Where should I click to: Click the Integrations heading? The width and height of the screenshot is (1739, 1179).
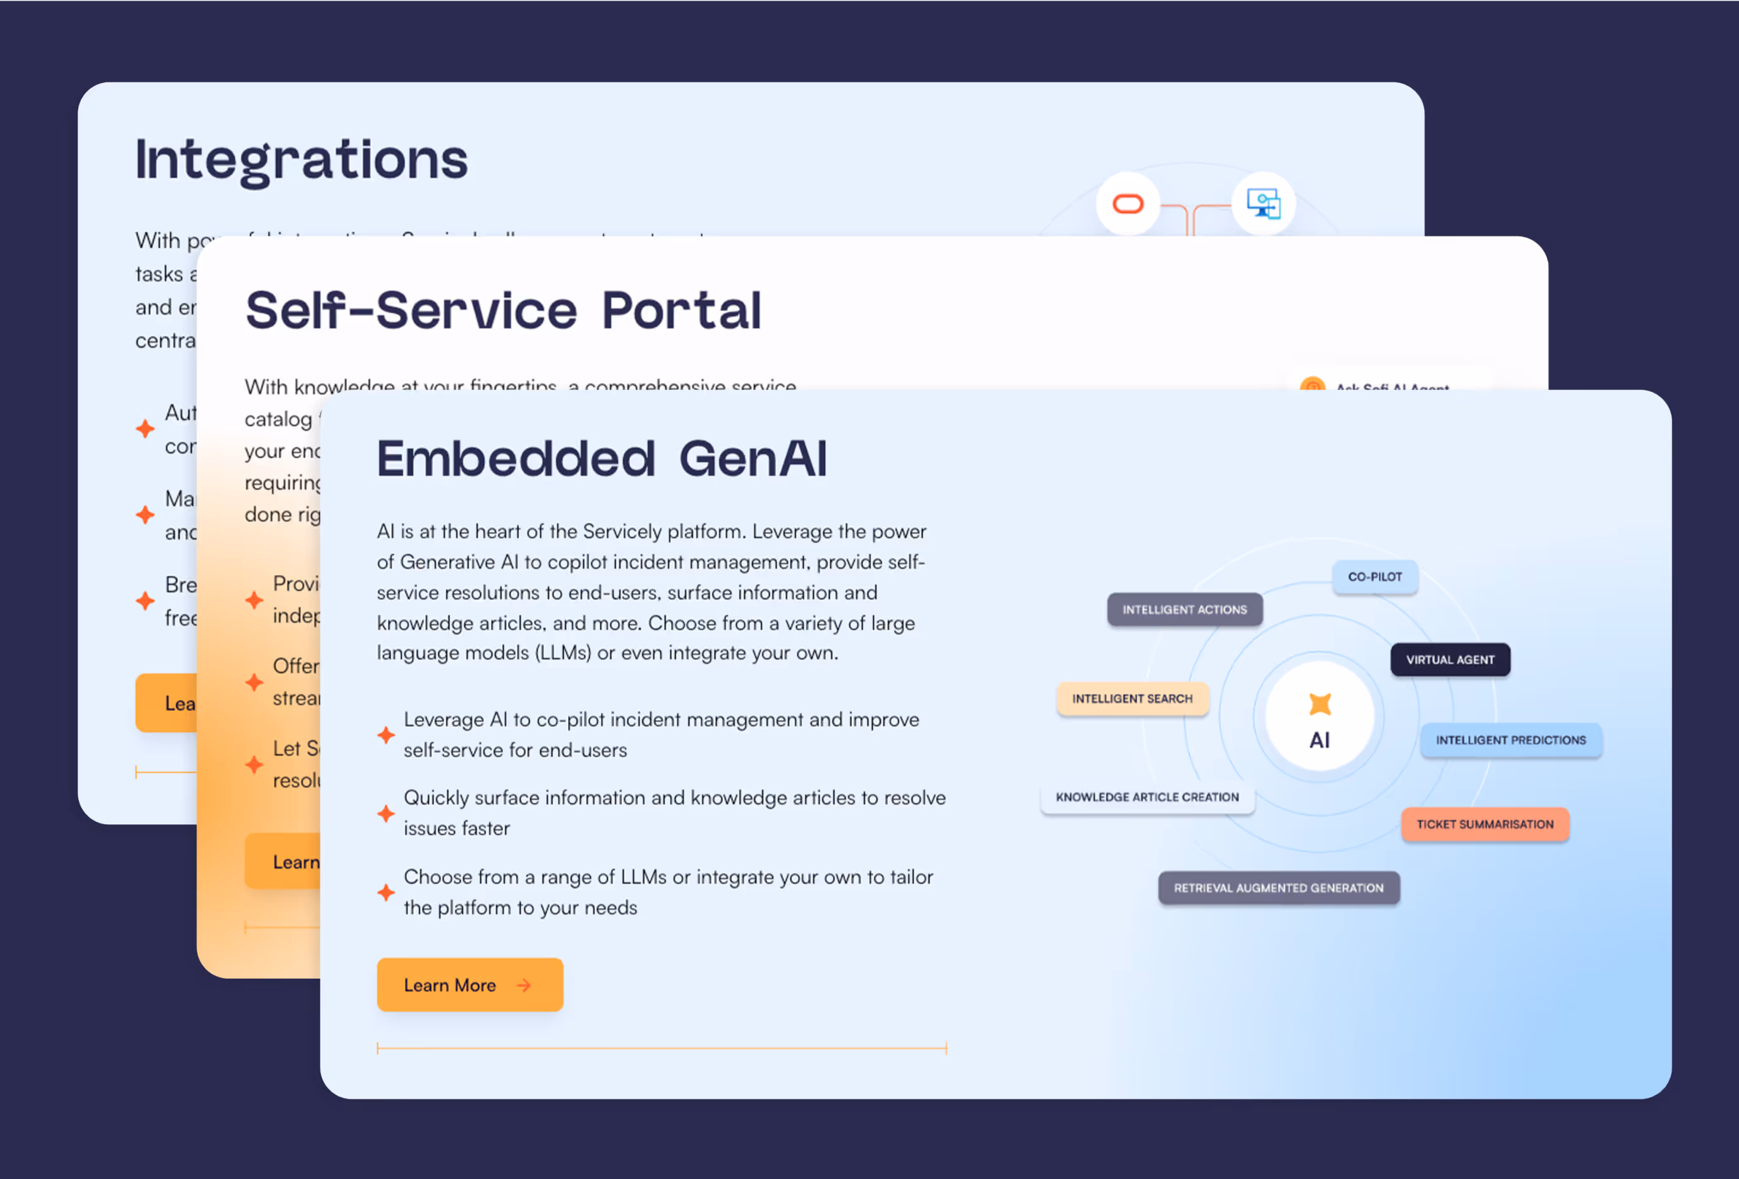(x=301, y=159)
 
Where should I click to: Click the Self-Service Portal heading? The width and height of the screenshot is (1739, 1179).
(x=503, y=310)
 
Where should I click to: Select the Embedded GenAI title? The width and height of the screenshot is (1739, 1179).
(x=602, y=458)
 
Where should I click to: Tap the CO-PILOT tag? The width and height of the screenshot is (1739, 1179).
(x=1374, y=577)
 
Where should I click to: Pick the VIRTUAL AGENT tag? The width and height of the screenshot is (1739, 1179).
(x=1450, y=659)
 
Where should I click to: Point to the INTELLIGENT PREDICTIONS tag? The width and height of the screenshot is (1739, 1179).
(x=1510, y=740)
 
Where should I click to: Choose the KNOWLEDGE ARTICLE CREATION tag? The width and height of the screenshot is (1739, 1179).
(x=1146, y=797)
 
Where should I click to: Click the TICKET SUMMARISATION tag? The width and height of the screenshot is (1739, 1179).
(x=1484, y=824)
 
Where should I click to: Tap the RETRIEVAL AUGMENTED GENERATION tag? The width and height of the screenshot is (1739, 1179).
(x=1278, y=888)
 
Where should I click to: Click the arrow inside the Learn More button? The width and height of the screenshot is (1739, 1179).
(x=524, y=985)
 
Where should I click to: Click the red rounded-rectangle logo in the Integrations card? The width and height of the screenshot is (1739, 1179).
(x=1128, y=204)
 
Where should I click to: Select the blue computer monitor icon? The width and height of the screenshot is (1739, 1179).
(x=1263, y=204)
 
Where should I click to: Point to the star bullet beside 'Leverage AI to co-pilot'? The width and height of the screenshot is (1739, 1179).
(x=386, y=735)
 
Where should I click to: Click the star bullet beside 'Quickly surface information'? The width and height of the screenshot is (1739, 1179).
(x=386, y=814)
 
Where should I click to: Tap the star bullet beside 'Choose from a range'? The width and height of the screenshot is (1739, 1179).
(x=386, y=892)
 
